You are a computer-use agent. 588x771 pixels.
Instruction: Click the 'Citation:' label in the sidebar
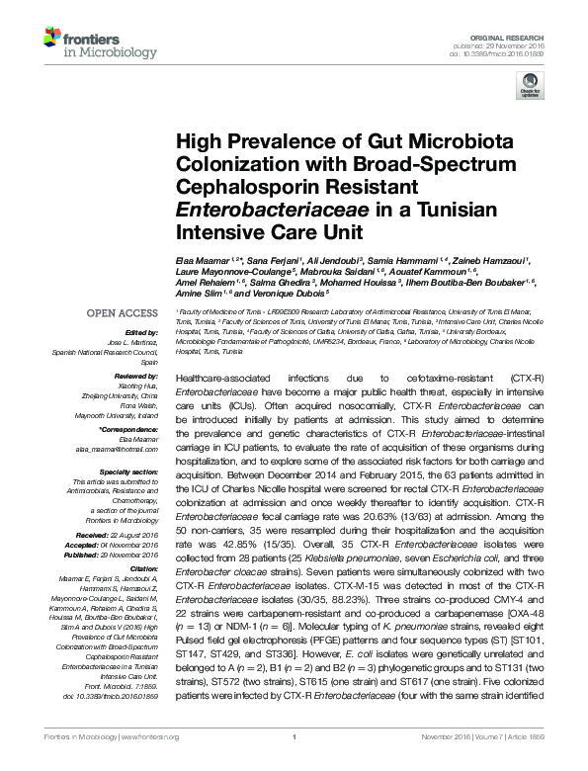pos(143,568)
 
